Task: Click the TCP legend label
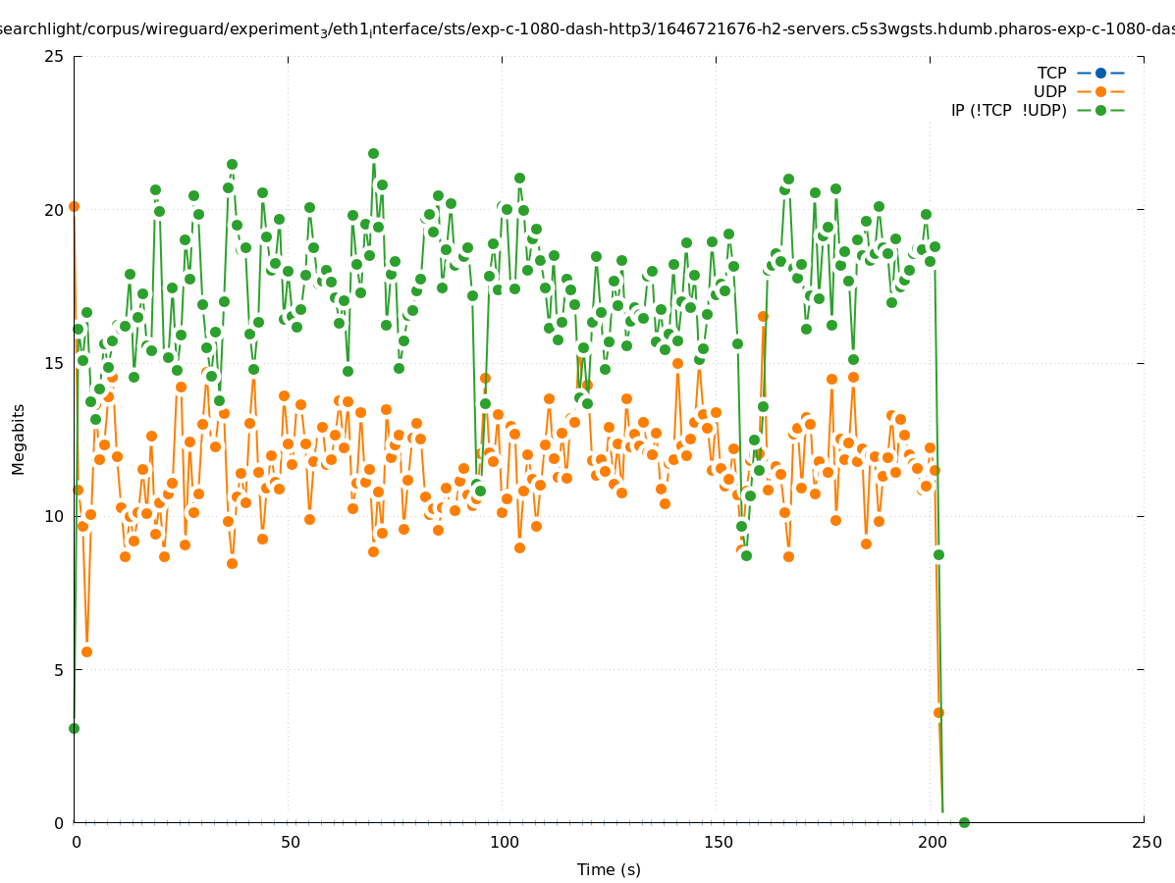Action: click(1051, 73)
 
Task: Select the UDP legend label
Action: click(1049, 91)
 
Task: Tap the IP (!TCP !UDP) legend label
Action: click(1008, 110)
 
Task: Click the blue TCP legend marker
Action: click(1100, 73)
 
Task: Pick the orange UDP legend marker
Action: click(1100, 91)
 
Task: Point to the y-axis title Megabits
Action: click(19, 439)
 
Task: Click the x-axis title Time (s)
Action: click(609, 869)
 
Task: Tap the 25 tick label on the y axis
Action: click(55, 56)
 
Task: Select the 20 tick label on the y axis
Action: click(55, 209)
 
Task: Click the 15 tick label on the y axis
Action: click(55, 363)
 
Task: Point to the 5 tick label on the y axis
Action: click(60, 670)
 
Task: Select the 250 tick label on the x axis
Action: click(1145, 842)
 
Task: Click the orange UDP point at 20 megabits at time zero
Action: click(74, 206)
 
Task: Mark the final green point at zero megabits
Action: click(964, 822)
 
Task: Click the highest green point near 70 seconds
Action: click(373, 153)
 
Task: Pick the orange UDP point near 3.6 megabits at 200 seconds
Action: click(938, 712)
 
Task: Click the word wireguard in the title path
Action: click(183, 28)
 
